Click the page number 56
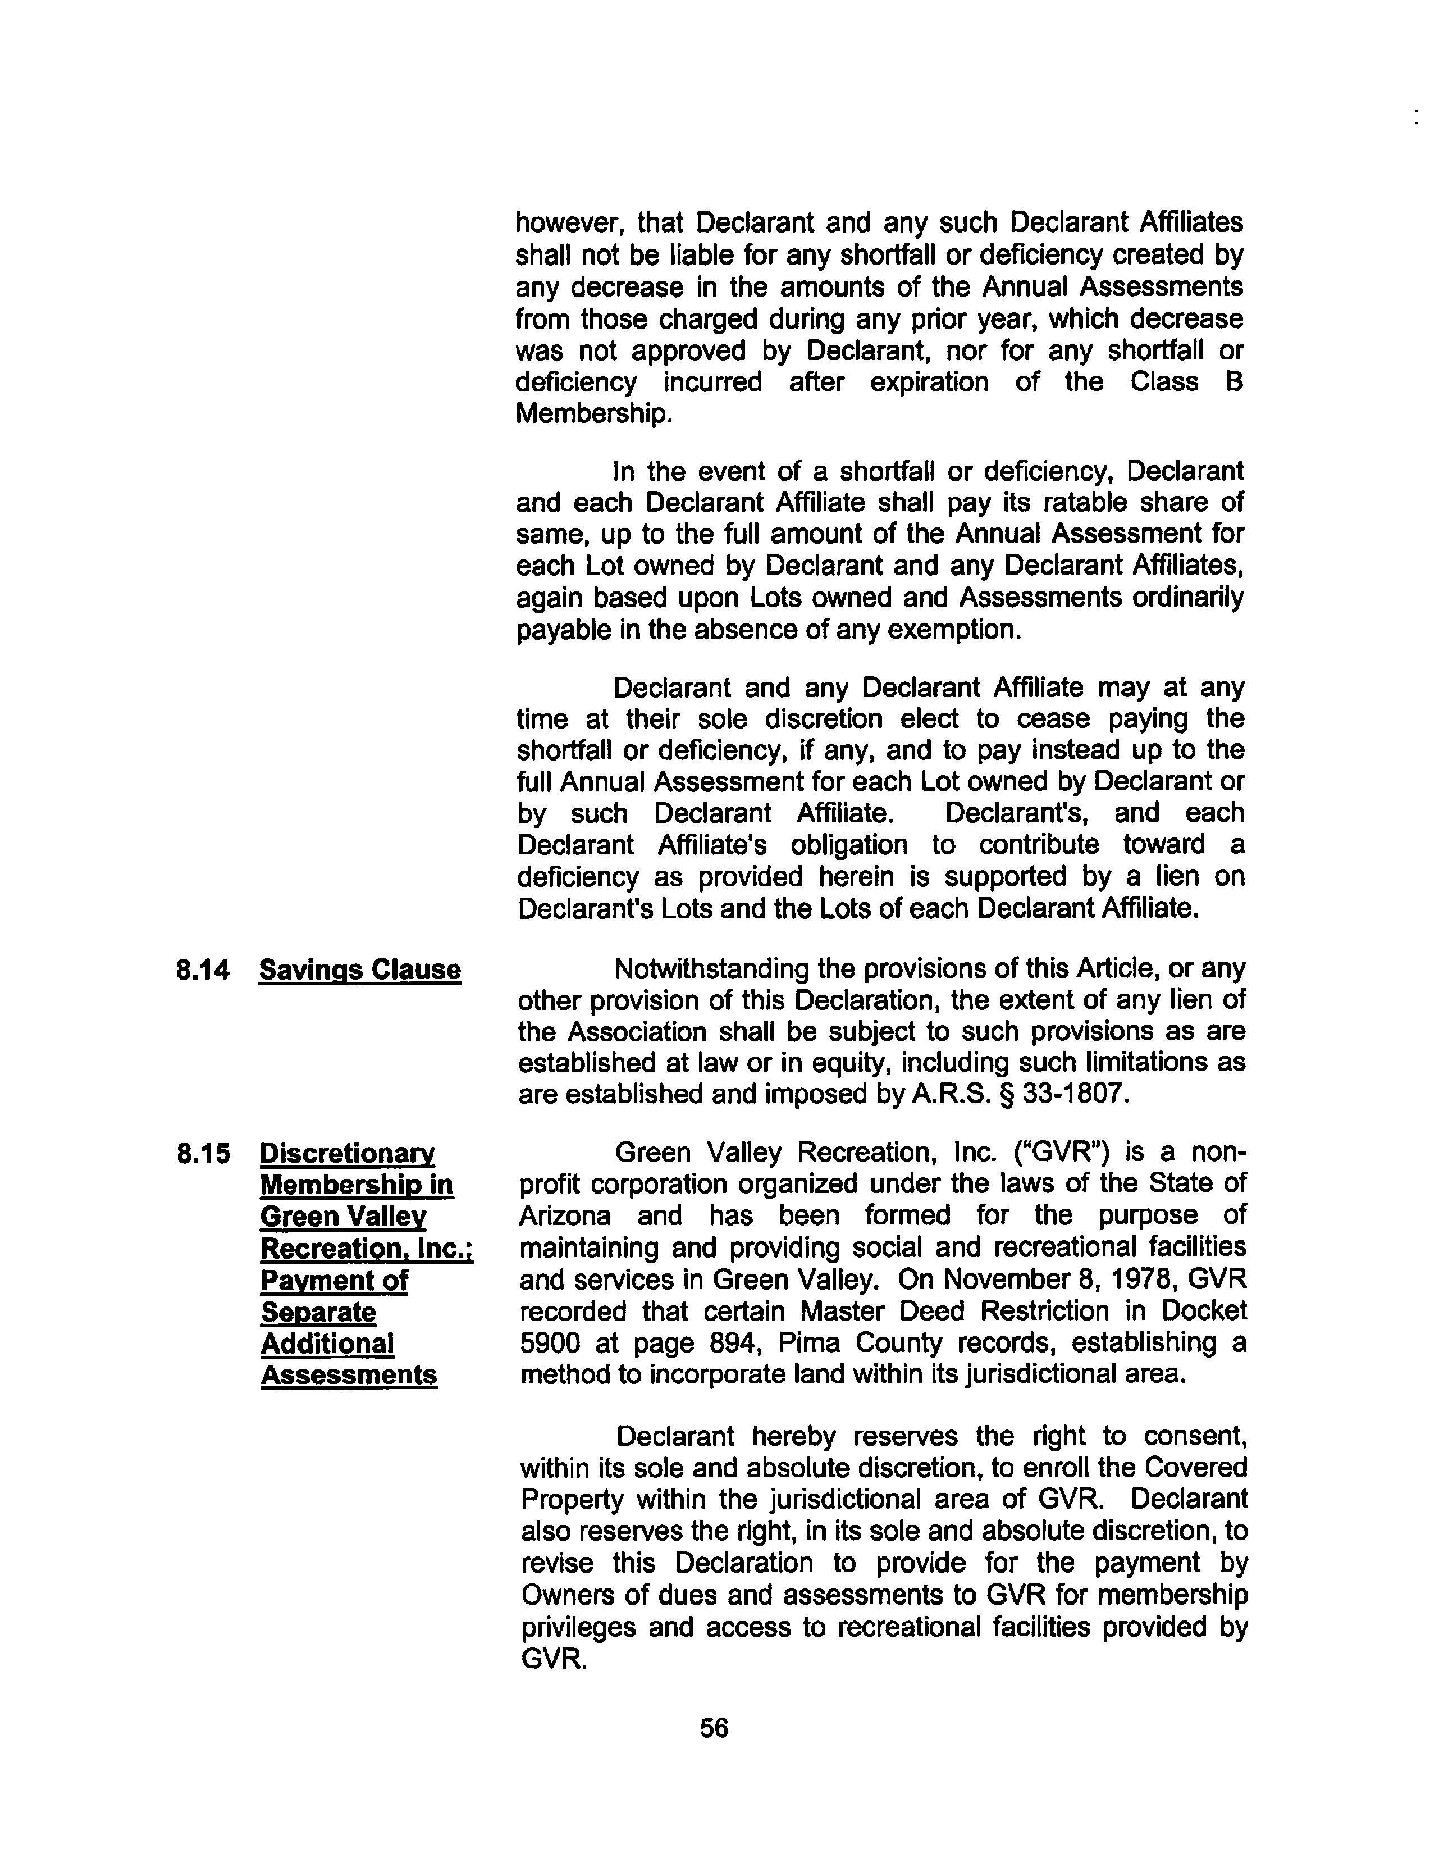point(713,1728)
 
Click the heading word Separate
point(317,1312)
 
